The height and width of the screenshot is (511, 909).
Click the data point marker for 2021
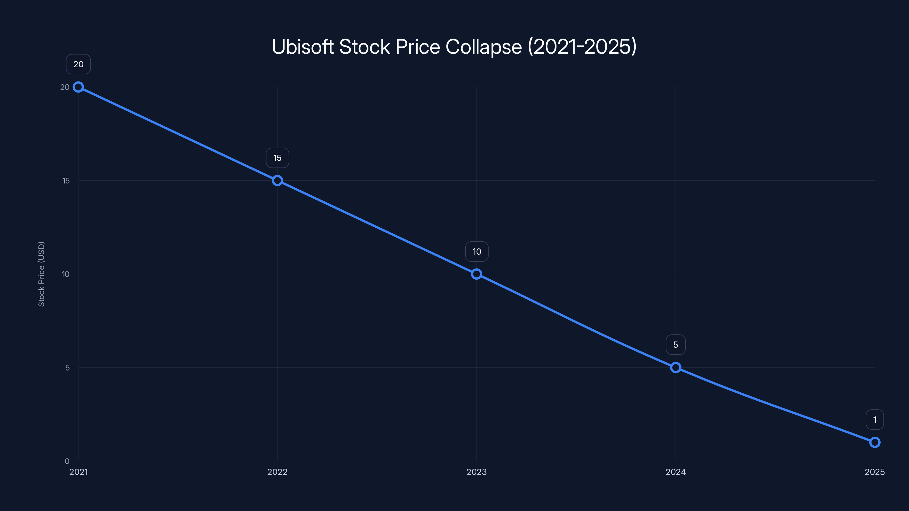78,87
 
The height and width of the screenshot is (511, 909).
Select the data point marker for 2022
277,181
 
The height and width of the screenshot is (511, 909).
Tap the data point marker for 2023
476,274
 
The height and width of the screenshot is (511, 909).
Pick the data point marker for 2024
676,367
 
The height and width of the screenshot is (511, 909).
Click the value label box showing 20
78,64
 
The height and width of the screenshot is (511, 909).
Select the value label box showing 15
277,158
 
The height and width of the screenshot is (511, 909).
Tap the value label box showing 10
477,252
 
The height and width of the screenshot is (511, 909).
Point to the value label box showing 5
676,345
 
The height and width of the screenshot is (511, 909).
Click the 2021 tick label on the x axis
78,472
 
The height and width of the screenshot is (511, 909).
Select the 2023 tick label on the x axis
476,472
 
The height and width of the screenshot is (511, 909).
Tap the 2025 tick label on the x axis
874,472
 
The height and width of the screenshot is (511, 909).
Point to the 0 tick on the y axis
67,461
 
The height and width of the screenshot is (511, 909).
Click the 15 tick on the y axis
66,181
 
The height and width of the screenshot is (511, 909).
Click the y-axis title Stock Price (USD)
41,274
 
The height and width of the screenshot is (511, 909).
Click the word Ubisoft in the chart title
303,47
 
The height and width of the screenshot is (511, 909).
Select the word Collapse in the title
483,47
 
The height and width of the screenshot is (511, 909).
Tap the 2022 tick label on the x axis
277,472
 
